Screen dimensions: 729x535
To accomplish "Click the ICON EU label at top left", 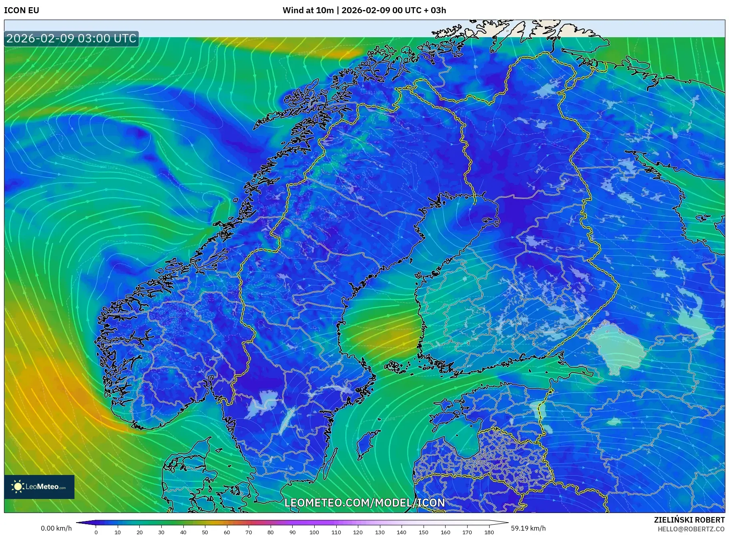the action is tap(22, 10).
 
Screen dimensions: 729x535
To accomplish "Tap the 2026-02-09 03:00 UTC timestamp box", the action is tap(71, 38).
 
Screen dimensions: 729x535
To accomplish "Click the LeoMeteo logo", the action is tap(39, 487).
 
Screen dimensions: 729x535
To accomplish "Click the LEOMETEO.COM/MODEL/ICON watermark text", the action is tap(364, 503).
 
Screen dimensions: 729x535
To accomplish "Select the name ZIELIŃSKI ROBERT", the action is tap(689, 520).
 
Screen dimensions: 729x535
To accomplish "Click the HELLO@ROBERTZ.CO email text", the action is tap(691, 529).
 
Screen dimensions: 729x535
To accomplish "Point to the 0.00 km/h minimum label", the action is tap(56, 528).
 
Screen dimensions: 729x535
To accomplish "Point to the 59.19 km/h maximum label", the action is tap(528, 528).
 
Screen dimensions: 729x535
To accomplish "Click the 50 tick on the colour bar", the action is tap(205, 532).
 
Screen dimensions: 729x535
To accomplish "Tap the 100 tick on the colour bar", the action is tap(314, 532).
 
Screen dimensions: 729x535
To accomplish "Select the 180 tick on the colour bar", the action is tap(489, 532).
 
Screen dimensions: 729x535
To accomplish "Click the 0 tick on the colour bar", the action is tap(96, 532).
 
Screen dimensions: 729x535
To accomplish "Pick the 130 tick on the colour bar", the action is tap(380, 532).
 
